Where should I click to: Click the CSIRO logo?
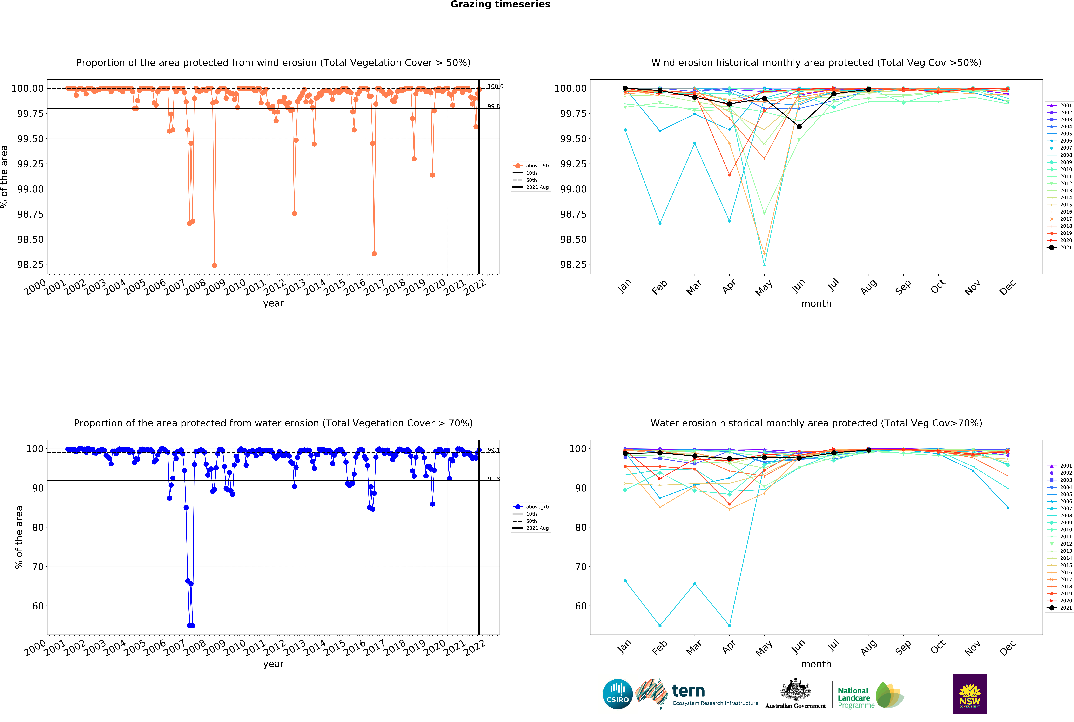coord(617,694)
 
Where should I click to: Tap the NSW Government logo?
coord(969,694)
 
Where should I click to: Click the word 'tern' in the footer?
coord(688,691)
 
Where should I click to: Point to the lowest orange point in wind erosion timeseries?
coord(214,265)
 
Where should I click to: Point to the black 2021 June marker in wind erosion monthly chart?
coord(799,127)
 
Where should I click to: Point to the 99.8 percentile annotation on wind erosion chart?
coord(494,106)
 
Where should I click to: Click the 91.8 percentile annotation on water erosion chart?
coord(494,479)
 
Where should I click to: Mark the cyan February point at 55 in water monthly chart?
coord(660,626)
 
